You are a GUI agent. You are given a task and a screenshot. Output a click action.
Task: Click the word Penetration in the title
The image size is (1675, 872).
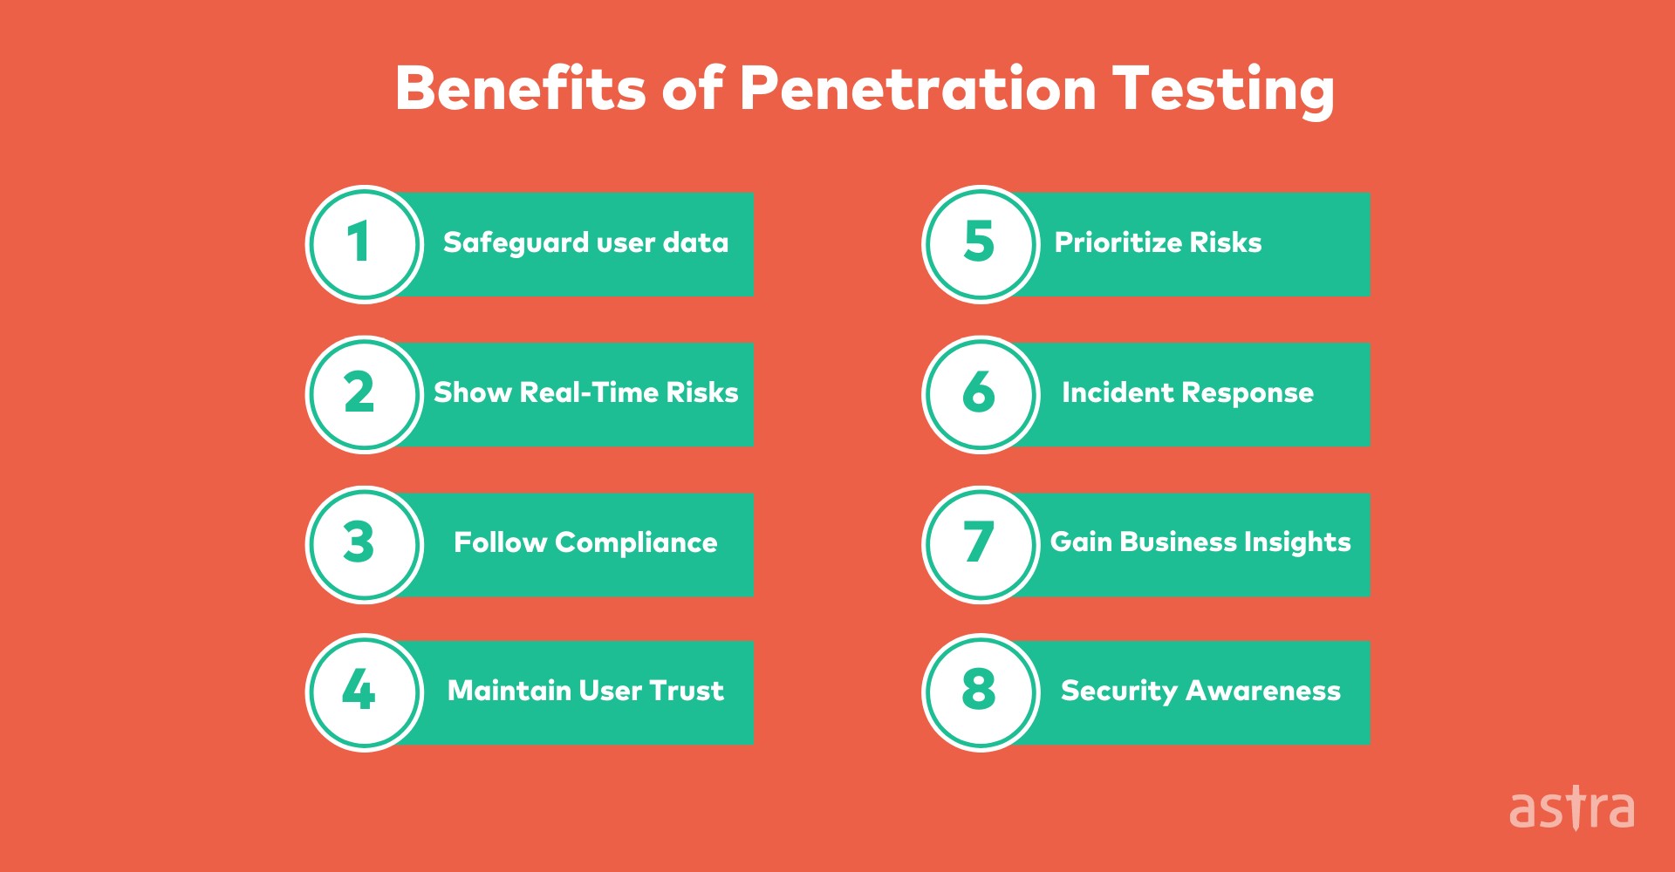click(918, 89)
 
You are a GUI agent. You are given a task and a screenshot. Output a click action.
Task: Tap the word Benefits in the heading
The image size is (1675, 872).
click(520, 89)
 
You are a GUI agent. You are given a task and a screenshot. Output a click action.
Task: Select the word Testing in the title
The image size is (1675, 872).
click(1223, 91)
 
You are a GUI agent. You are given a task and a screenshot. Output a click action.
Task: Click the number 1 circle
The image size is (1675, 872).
click(365, 244)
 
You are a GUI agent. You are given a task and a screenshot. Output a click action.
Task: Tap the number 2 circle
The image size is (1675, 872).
click(365, 394)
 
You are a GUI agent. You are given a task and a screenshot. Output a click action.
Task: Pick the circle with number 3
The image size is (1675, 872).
click(365, 544)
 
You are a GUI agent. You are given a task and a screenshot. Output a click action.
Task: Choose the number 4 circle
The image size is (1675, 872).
click(365, 692)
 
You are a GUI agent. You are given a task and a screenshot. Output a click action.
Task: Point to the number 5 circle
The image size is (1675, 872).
click(981, 244)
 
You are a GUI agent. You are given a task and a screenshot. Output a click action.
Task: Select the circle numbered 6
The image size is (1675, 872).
click(981, 394)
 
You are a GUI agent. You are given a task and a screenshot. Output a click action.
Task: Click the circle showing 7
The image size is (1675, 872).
click(981, 544)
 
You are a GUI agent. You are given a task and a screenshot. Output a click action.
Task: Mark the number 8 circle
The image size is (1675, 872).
click(981, 692)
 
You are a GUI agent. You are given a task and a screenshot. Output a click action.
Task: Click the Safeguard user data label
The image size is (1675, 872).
click(585, 242)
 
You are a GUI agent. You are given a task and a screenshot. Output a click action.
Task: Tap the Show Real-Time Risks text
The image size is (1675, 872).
click(585, 392)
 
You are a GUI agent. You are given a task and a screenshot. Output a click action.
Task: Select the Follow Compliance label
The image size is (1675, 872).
click(585, 542)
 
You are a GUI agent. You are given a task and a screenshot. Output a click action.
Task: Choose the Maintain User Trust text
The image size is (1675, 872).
click(585, 691)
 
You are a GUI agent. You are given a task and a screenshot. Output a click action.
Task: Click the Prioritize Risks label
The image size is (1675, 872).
click(1158, 242)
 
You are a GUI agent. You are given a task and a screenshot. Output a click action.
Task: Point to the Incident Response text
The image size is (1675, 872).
click(1187, 392)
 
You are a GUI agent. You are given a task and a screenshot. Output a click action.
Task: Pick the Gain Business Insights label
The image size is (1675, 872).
click(1200, 542)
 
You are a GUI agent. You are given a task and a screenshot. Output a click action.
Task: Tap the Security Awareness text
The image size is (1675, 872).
click(1200, 691)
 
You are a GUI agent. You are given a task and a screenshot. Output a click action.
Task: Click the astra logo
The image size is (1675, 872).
click(1572, 809)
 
